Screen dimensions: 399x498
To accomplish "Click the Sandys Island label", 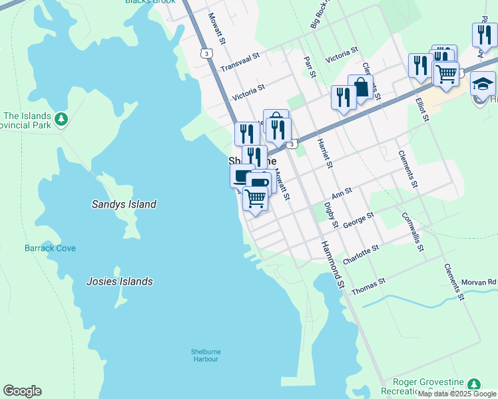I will [124, 204].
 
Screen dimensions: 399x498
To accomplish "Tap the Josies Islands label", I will [119, 281].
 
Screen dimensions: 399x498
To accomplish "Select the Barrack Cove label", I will [51, 248].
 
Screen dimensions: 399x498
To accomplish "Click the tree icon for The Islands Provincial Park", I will [61, 119].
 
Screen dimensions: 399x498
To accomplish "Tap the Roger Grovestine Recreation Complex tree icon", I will [473, 384].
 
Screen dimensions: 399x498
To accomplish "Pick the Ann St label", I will [341, 193].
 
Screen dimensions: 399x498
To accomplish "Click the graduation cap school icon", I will [483, 84].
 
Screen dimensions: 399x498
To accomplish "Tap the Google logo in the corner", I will [22, 391].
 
